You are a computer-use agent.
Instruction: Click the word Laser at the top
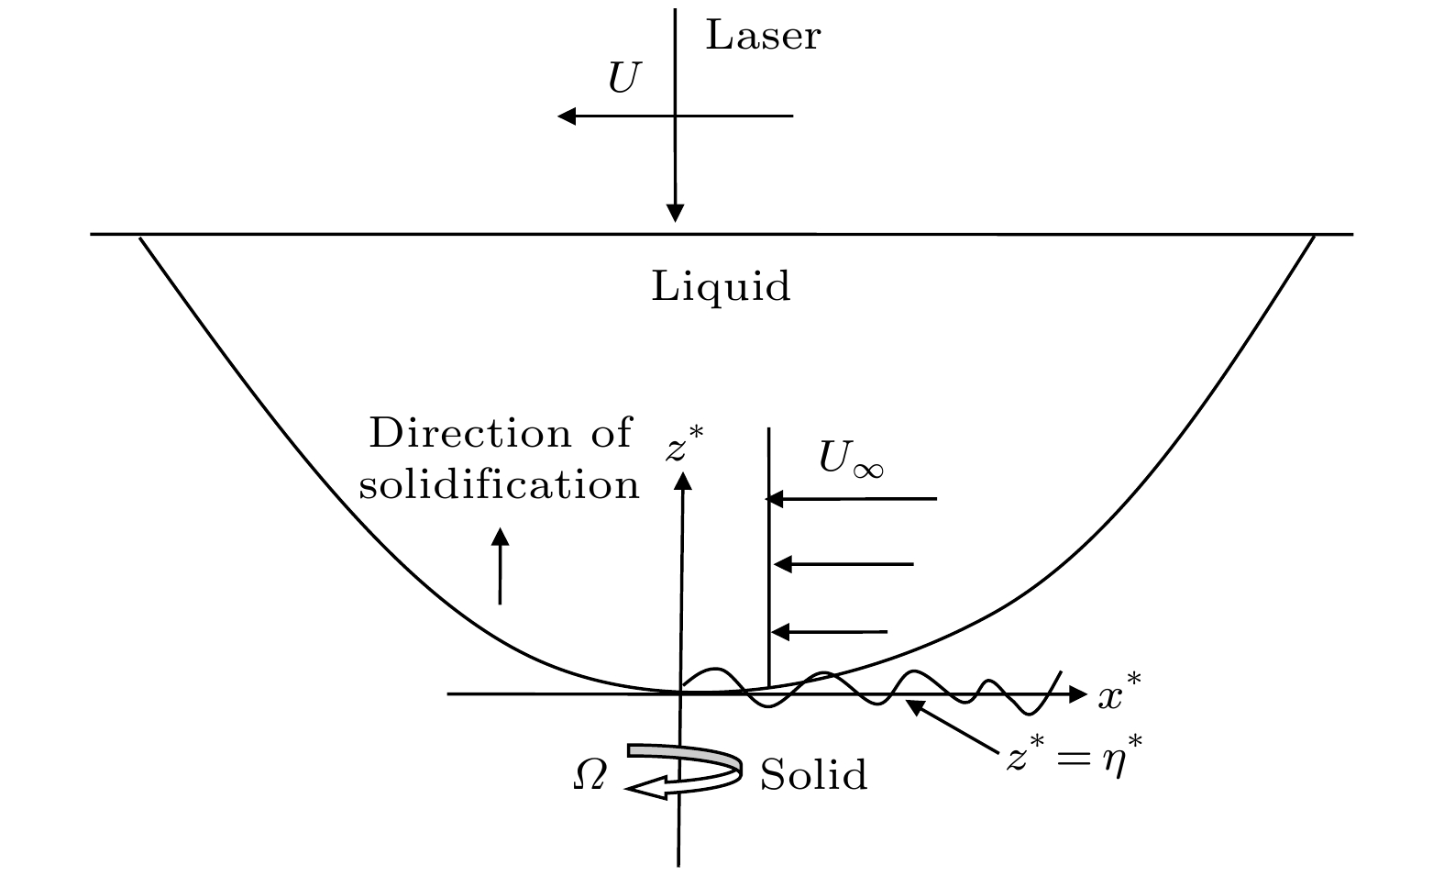click(762, 37)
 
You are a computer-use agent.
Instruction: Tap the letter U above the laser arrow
click(623, 80)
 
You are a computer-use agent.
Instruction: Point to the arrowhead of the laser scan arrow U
click(568, 116)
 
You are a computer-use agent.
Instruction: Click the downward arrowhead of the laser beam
click(676, 213)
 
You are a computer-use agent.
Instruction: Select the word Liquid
click(721, 287)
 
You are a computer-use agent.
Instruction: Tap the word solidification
click(499, 484)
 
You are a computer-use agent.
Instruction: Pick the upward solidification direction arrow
click(500, 566)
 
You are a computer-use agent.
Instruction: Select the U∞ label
click(851, 460)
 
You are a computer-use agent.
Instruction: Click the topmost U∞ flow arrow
click(852, 499)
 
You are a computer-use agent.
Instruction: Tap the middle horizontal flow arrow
click(844, 564)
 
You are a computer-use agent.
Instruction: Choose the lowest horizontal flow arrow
click(830, 631)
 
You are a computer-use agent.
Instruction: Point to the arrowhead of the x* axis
click(1077, 694)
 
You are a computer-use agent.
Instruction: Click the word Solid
click(813, 776)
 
